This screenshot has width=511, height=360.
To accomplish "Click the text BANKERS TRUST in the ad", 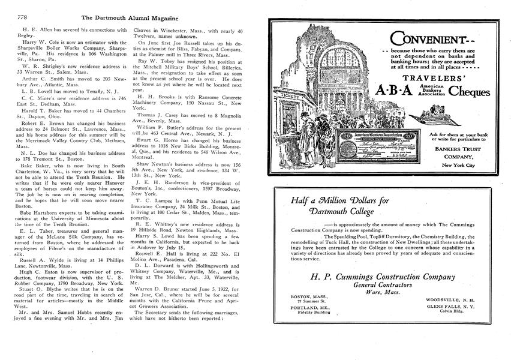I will [x=446, y=148].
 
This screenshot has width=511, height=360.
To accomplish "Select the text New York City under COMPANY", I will [x=459, y=165].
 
